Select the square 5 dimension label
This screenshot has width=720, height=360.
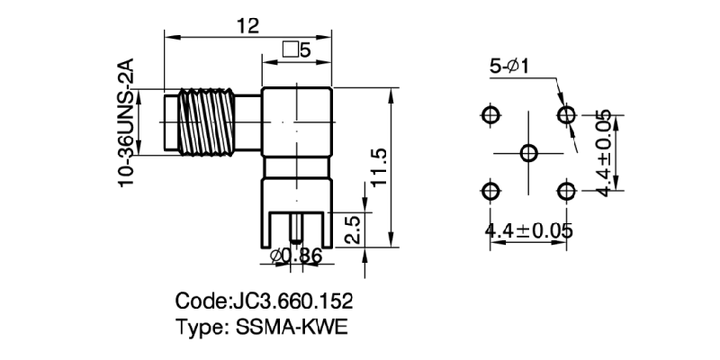[296, 51]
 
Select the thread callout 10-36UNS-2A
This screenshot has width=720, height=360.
[128, 122]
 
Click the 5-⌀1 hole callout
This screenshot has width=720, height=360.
[508, 67]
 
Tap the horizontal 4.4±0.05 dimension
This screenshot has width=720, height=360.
[528, 230]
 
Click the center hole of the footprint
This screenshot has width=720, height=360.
[528, 152]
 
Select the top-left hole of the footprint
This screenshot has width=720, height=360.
[490, 114]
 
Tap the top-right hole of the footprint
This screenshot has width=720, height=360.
[566, 114]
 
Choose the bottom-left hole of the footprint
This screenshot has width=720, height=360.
[490, 190]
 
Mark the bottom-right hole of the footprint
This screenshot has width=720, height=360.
[566, 190]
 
